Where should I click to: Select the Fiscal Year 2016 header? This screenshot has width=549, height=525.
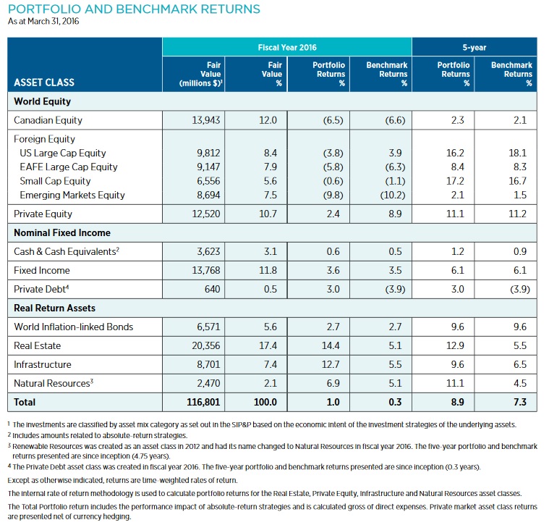pyautogui.click(x=287, y=47)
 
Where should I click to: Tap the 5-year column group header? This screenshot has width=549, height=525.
pyautogui.click(x=474, y=47)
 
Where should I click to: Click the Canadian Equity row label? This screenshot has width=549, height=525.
pyautogui.click(x=48, y=120)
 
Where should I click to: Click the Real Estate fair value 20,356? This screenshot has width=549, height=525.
pyautogui.click(x=205, y=345)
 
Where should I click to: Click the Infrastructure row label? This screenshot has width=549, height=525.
pyautogui.click(x=44, y=364)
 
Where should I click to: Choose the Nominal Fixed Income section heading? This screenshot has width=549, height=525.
pyautogui.click(x=61, y=232)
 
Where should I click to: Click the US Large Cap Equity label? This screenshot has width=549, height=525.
pyautogui.click(x=63, y=154)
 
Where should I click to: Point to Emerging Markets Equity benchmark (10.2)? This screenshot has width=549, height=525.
pyautogui.click(x=391, y=195)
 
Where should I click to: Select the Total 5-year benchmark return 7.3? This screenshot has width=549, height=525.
pyautogui.click(x=519, y=401)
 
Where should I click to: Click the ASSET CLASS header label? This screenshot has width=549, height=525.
pyautogui.click(x=44, y=83)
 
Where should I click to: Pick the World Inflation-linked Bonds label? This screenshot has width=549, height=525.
pyautogui.click(x=74, y=327)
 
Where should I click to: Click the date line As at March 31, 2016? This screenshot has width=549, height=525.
pyautogui.click(x=44, y=21)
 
